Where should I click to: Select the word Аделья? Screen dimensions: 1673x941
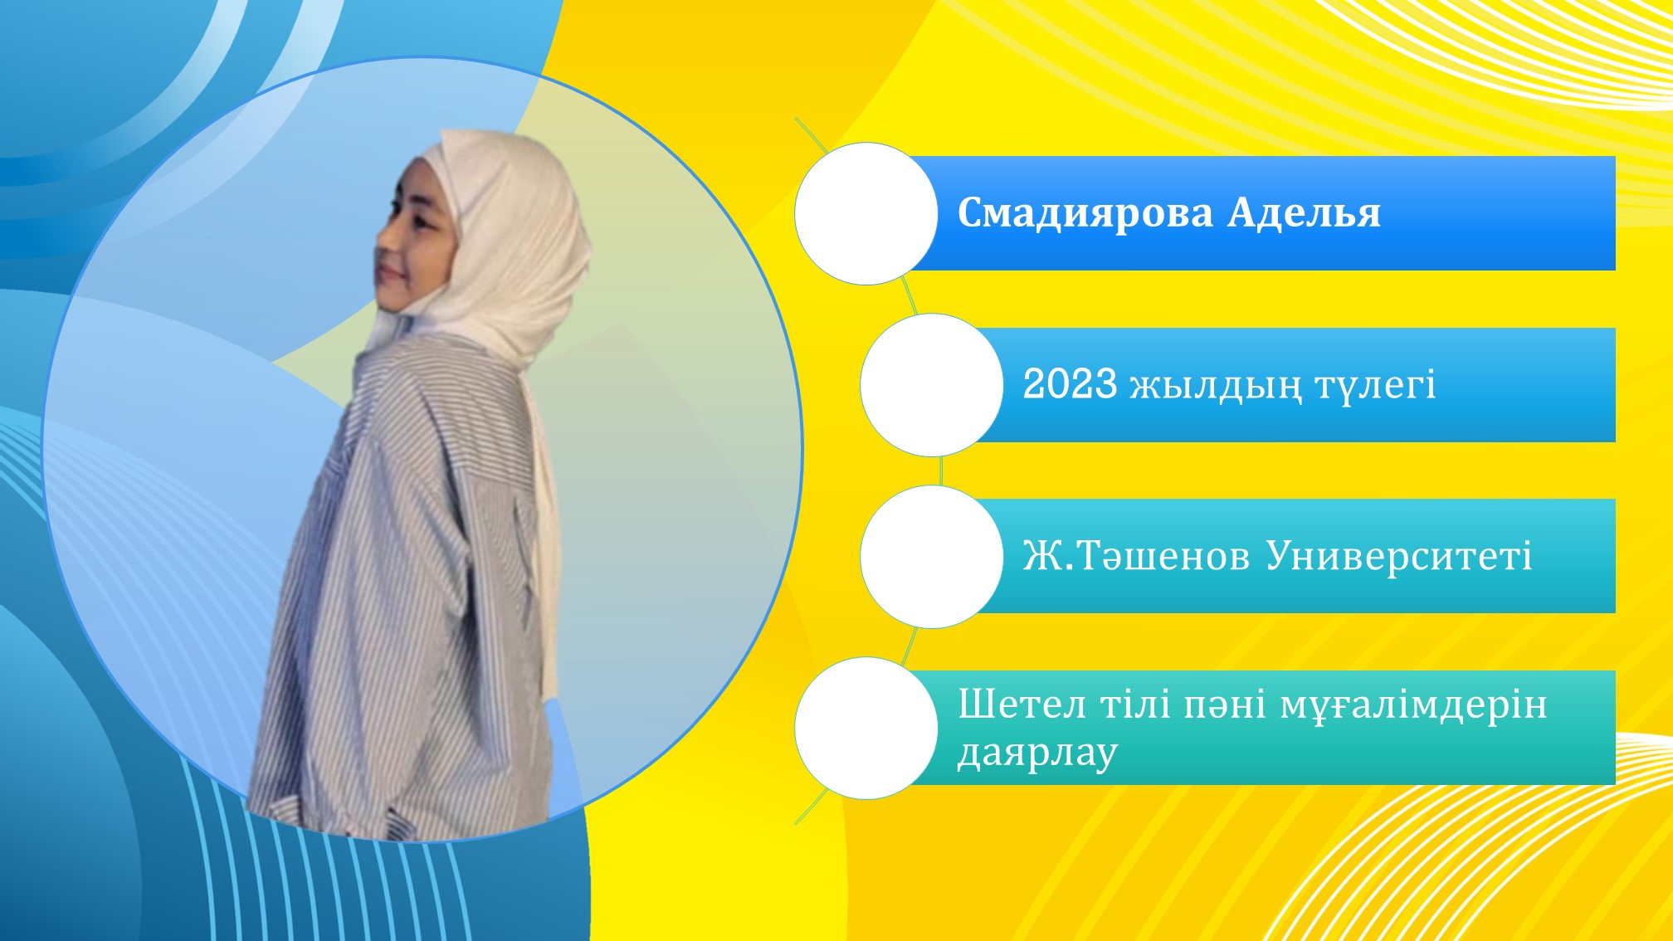[1305, 213]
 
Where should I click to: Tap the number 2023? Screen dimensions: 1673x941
[1070, 384]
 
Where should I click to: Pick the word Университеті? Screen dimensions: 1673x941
[1399, 557]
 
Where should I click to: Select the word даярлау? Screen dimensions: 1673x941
[1037, 754]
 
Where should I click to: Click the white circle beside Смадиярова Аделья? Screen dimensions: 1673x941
[866, 214]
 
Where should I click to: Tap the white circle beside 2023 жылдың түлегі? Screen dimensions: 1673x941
[932, 385]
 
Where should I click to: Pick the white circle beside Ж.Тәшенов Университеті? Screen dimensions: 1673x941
[932, 557]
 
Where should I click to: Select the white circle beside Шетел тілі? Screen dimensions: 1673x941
[866, 729]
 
